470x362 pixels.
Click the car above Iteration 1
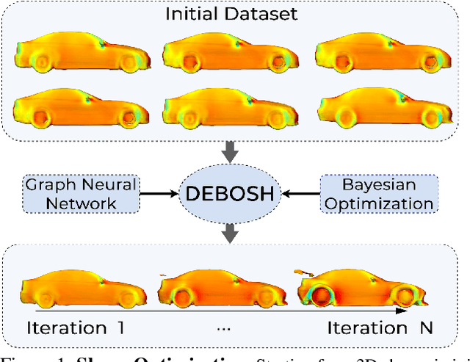(81, 289)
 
